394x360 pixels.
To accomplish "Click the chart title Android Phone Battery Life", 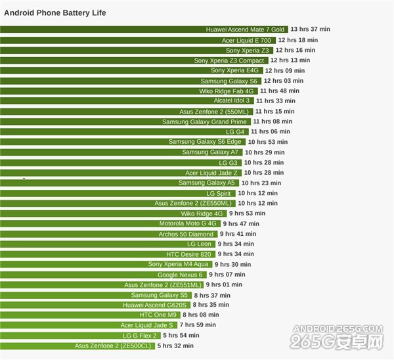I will pos(55,13).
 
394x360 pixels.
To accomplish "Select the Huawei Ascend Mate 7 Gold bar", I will pos(144,30).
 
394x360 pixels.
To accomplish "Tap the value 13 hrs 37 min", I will pos(310,30).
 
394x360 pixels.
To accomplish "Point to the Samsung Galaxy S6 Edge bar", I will pos(122,142).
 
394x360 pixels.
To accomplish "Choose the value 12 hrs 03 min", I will pos(284,81).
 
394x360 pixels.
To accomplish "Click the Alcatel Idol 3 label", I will pos(232,101).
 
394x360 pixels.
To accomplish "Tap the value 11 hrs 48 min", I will pos(279,91).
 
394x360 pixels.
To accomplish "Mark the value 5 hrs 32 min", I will pos(175,346).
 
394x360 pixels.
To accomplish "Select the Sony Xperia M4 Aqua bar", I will pos(105,264).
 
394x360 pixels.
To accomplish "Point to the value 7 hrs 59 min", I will pos(198,325).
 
